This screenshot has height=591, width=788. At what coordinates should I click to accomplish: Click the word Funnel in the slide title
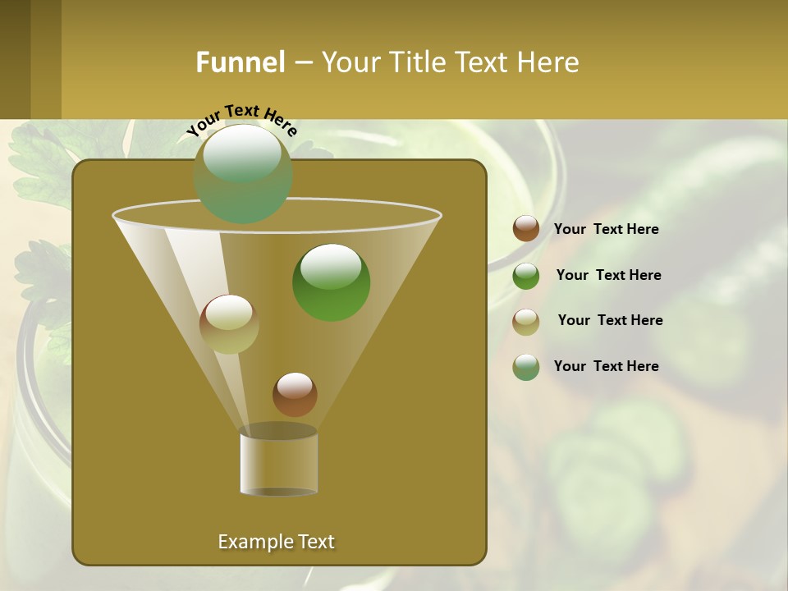click(x=241, y=62)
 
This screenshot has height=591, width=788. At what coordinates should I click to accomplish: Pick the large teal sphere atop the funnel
click(x=243, y=173)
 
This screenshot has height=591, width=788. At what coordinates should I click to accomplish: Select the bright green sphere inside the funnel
click(x=331, y=282)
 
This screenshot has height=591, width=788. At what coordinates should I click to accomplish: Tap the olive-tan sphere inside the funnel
click(x=229, y=323)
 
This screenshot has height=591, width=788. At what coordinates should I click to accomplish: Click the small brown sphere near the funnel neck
click(x=295, y=394)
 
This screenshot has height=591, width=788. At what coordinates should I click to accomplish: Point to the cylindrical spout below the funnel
click(x=279, y=461)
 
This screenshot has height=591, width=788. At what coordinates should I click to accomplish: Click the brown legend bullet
click(x=526, y=229)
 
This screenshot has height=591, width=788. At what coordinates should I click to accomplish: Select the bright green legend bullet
click(x=526, y=276)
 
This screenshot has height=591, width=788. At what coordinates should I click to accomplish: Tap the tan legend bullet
click(x=526, y=322)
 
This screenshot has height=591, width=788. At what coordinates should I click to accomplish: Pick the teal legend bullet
click(x=526, y=367)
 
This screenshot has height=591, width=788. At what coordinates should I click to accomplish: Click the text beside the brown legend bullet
click(x=606, y=230)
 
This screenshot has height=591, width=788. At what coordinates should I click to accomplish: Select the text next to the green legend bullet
click(x=608, y=275)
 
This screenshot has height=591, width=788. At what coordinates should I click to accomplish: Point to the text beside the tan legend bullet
click(x=610, y=320)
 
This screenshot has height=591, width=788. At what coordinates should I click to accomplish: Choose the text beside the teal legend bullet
click(x=606, y=366)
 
